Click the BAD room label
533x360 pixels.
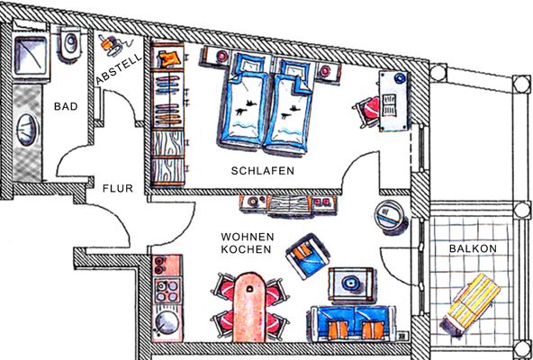pos(66,107)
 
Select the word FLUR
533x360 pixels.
pos(117,189)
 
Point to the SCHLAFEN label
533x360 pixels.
pos(262,170)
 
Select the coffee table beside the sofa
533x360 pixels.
pos(348,284)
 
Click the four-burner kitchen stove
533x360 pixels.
pos(167,291)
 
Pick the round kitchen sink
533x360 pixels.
pos(166,321)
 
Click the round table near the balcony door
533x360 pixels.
pos(390,216)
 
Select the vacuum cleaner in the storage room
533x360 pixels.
pos(111,41)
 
